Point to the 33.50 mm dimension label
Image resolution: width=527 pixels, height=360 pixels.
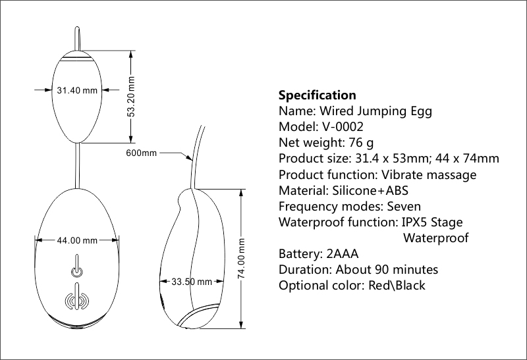(x=192, y=282)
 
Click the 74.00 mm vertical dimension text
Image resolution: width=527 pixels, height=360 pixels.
(x=241, y=260)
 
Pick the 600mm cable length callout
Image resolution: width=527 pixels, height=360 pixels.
(x=141, y=153)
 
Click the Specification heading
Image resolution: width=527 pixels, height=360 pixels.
(x=317, y=95)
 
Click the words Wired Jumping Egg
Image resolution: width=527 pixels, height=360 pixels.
(x=375, y=111)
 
